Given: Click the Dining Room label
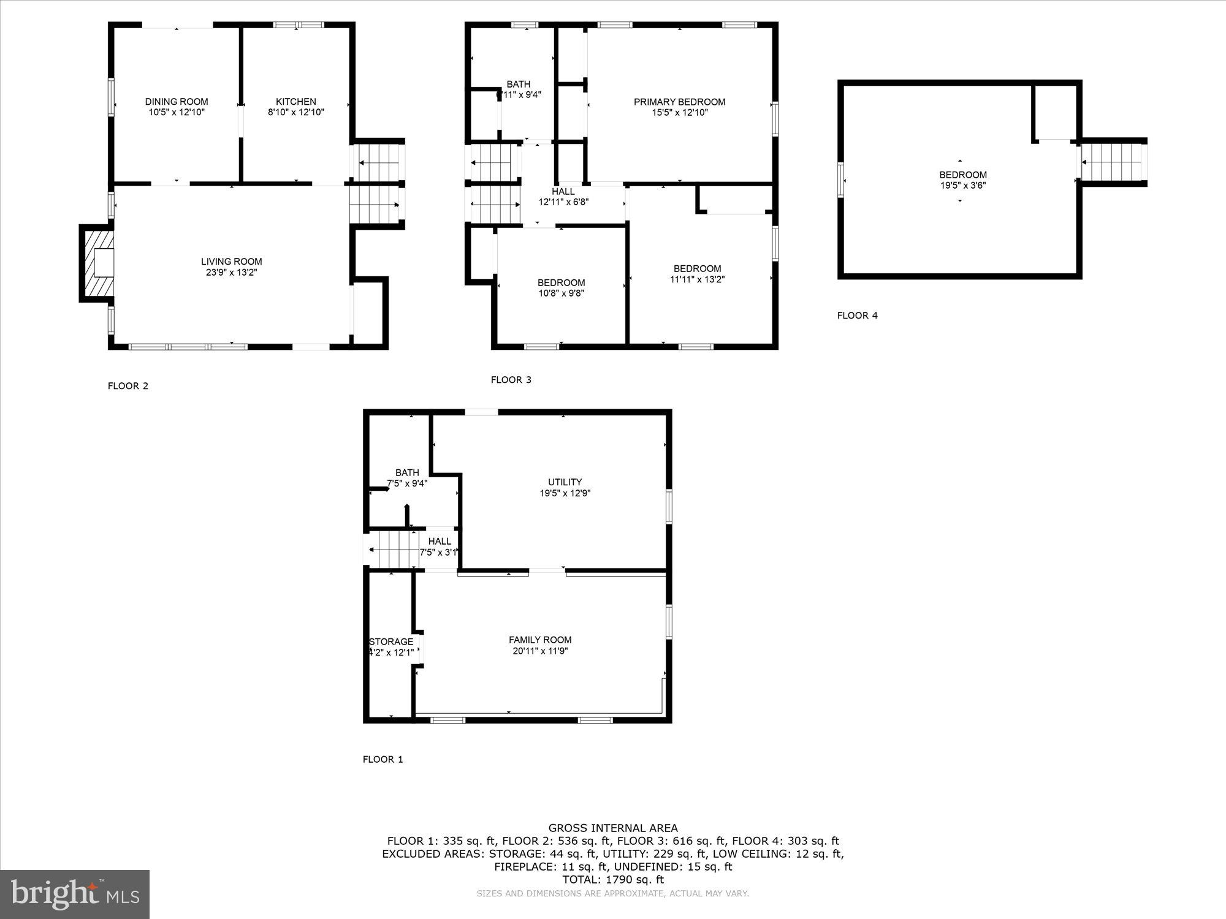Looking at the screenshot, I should point(177,102).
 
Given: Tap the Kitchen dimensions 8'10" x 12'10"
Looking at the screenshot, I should point(295,113).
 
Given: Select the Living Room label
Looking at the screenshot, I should point(231,262).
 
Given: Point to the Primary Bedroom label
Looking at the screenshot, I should point(679,102).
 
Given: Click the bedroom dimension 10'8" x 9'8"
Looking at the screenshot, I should point(561,293).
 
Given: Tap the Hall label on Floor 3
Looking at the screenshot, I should point(563,192).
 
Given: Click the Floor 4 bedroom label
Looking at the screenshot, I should point(962,175).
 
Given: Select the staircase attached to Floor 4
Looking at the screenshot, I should point(1113,162).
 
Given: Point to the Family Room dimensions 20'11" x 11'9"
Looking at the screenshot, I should point(540,651).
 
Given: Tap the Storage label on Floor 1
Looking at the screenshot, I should point(391,642).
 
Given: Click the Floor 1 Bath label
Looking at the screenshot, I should point(407,473).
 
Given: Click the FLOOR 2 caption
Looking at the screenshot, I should point(128,386).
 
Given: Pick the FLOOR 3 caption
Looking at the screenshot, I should point(511,380).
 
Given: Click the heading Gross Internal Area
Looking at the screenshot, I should point(613,828).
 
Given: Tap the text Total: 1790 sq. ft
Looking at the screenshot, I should point(613,880).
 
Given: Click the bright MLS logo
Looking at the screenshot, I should point(75,894).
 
